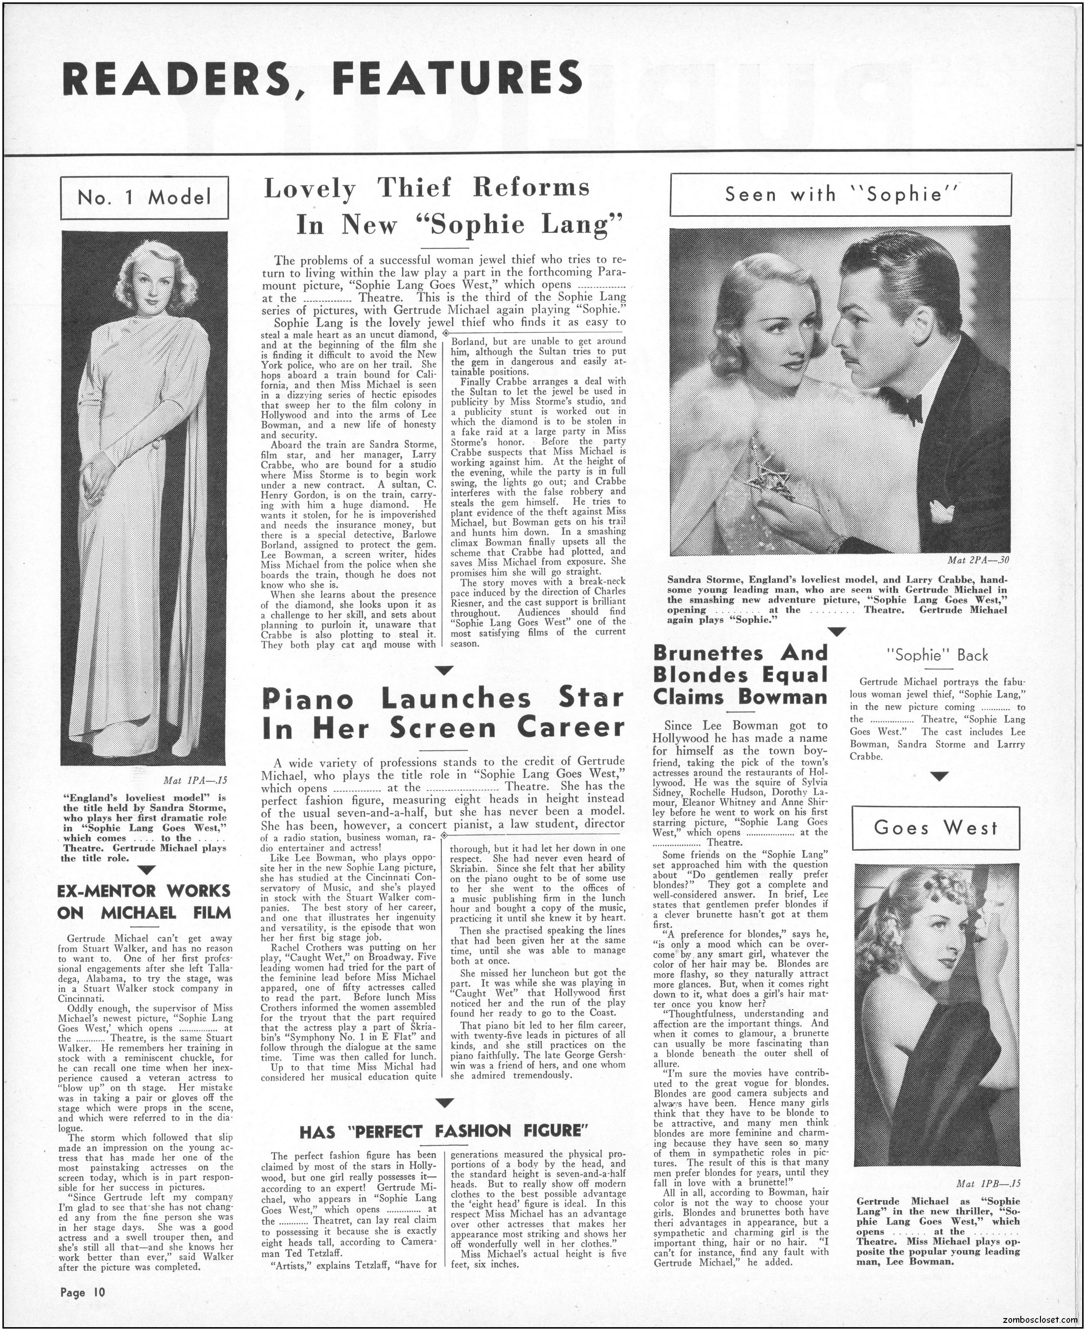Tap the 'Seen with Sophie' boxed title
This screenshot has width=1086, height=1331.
pos(841,195)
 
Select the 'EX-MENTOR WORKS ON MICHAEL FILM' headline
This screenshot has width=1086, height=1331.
pos(145,901)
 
